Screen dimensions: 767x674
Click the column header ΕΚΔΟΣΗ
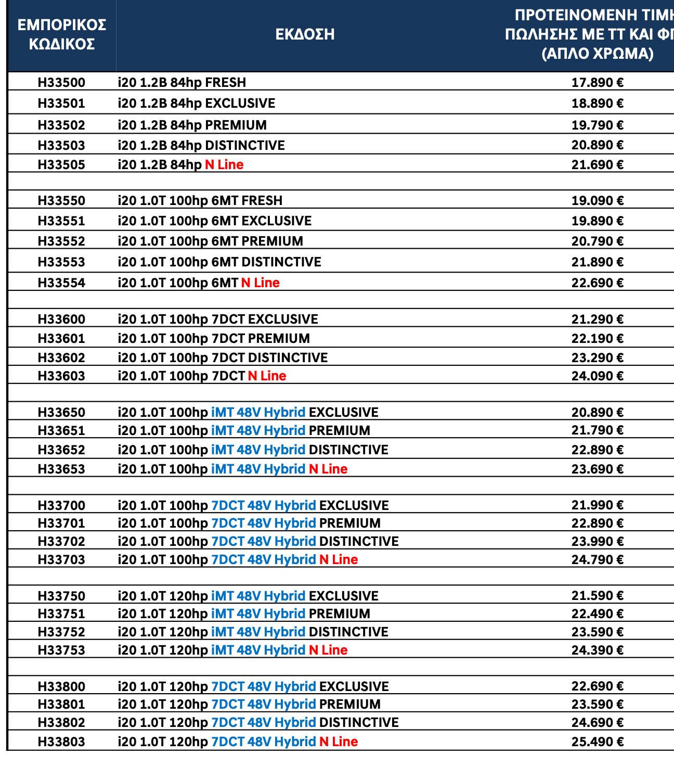click(305, 34)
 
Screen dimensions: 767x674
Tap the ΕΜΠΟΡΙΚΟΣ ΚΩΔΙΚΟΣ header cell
click(62, 34)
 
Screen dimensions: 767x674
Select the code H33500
click(61, 82)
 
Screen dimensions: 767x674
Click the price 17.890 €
click(597, 82)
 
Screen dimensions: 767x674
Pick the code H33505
click(61, 164)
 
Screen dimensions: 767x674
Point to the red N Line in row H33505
click(224, 164)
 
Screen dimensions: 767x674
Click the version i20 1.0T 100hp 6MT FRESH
click(200, 200)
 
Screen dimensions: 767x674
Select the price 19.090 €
click(597, 200)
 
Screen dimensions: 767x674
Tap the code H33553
click(61, 262)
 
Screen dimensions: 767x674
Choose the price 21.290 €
click(597, 319)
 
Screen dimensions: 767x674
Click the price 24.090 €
click(597, 376)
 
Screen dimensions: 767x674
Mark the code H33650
click(61, 412)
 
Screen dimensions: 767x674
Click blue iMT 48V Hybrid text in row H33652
click(258, 450)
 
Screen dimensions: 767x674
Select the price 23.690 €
click(597, 469)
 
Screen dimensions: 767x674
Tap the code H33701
click(61, 523)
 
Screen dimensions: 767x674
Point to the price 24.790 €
click(597, 559)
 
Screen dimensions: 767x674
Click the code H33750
click(61, 596)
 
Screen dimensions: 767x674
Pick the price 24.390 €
click(597, 650)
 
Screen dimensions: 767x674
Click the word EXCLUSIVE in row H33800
click(354, 686)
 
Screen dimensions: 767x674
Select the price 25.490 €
click(597, 742)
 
